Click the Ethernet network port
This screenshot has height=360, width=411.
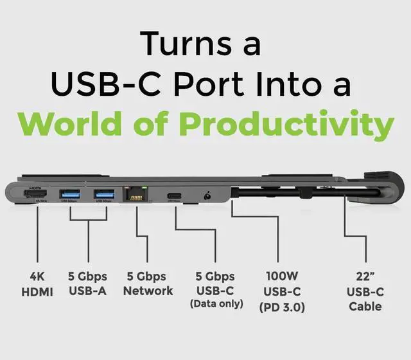coord(137,194)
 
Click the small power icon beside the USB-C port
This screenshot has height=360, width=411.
coord(207,194)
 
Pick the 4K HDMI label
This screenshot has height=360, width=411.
coord(38,283)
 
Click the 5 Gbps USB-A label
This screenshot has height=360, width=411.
coord(87,283)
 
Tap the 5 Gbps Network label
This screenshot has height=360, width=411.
coord(148,283)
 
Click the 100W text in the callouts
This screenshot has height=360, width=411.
coord(283,276)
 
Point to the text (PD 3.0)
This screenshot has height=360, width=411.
coord(283,307)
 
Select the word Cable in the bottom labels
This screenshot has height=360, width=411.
coord(365,307)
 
